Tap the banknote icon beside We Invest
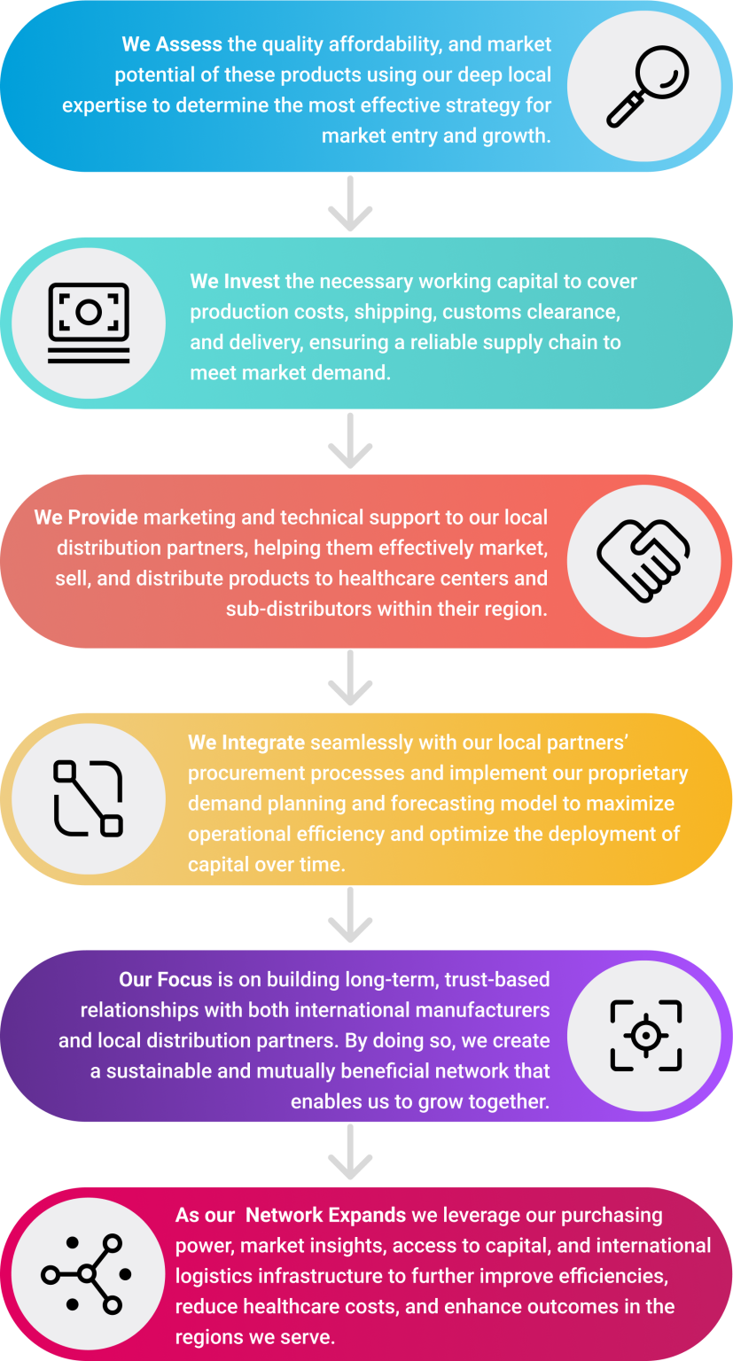click(x=89, y=323)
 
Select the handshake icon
click(x=643, y=561)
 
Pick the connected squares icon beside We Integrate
click(x=89, y=798)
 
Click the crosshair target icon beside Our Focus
click(x=645, y=1036)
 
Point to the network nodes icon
click(x=87, y=1274)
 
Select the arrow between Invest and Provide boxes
click(x=351, y=441)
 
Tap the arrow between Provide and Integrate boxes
click(x=351, y=679)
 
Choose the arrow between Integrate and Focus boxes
click(x=351, y=916)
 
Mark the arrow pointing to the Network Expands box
click(x=351, y=1154)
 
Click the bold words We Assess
click(x=160, y=44)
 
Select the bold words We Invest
click(x=235, y=282)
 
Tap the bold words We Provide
click(x=86, y=517)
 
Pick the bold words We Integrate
click(x=246, y=743)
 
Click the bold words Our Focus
click(x=166, y=980)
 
